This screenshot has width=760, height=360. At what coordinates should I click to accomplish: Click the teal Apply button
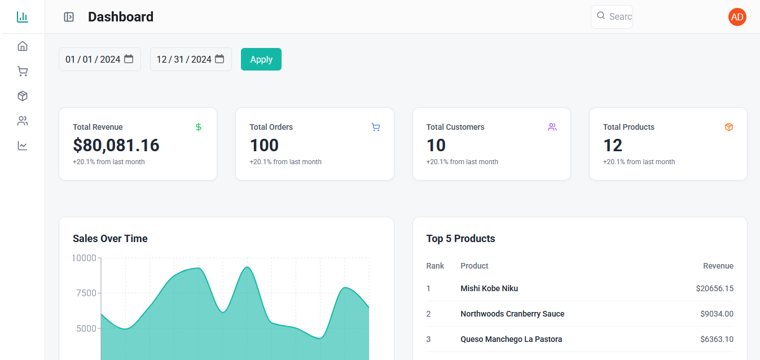tap(261, 59)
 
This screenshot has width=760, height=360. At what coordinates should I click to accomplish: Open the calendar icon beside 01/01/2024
tap(129, 59)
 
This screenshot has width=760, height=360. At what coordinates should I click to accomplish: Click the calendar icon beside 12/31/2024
tap(219, 59)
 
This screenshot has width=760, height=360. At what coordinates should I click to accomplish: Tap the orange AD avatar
tap(737, 17)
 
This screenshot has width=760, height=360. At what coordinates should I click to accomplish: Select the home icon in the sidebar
tap(23, 46)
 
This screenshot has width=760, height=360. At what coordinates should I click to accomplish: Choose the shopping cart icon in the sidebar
tap(23, 71)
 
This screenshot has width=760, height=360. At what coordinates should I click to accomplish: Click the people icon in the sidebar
tap(23, 121)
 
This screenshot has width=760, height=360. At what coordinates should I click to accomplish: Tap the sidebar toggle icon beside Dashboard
tap(69, 17)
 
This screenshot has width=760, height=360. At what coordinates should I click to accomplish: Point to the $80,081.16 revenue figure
tap(116, 146)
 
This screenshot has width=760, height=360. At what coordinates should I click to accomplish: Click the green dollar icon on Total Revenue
tap(199, 127)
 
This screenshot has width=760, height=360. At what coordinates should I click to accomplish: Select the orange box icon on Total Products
tap(728, 127)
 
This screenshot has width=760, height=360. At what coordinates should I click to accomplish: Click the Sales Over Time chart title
tap(110, 239)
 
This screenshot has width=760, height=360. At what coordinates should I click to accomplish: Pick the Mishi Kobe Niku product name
tap(489, 288)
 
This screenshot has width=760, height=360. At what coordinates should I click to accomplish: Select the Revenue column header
tap(718, 266)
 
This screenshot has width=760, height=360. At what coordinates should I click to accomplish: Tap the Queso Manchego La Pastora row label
tap(511, 339)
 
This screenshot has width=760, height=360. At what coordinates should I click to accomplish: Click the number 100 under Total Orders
tap(264, 146)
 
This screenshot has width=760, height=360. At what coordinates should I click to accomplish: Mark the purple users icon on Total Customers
tap(552, 127)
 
